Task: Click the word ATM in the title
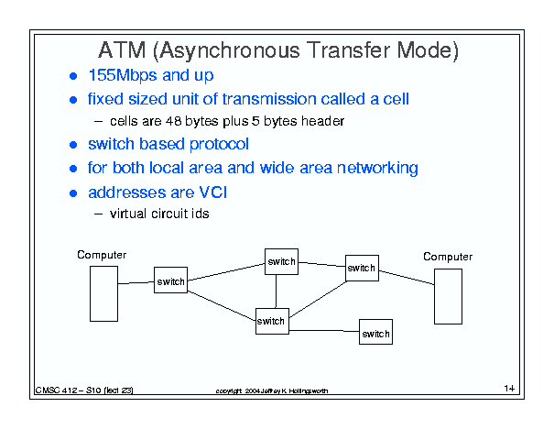pyautogui.click(x=122, y=50)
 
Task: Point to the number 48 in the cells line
pyautogui.click(x=173, y=121)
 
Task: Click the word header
pyautogui.click(x=322, y=121)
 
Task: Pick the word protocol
pyautogui.click(x=219, y=144)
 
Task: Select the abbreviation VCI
pyautogui.click(x=213, y=192)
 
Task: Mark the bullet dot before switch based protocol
pyautogui.click(x=73, y=145)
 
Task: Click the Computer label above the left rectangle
pyautogui.click(x=102, y=255)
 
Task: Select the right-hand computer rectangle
pyautogui.click(x=448, y=296)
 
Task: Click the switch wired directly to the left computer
pyautogui.click(x=170, y=280)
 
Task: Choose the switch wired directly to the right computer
pyautogui.click(x=362, y=268)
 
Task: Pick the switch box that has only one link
pyautogui.click(x=375, y=332)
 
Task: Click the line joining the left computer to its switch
pyautogui.click(x=136, y=283)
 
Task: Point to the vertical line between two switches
pyautogui.click(x=276, y=291)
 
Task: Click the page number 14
pyautogui.click(x=509, y=389)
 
